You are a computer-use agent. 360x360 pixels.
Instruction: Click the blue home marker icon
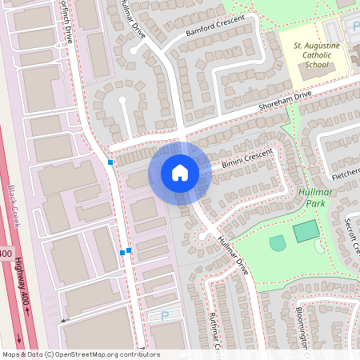pyautogui.click(x=180, y=173)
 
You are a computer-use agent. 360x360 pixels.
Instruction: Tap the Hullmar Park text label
pyautogui.click(x=314, y=197)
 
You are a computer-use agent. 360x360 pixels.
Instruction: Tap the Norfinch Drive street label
pyautogui.click(x=70, y=24)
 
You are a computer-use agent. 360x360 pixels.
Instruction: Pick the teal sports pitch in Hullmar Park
pyautogui.click(x=305, y=233)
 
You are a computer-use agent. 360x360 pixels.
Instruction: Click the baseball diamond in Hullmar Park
pyautogui.click(x=277, y=242)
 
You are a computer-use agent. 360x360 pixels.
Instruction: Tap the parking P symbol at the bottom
pyautogui.click(x=165, y=316)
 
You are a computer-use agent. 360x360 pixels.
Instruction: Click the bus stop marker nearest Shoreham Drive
pyautogui.click(x=110, y=162)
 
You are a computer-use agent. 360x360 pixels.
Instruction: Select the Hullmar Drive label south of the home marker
pyautogui.click(x=233, y=257)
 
